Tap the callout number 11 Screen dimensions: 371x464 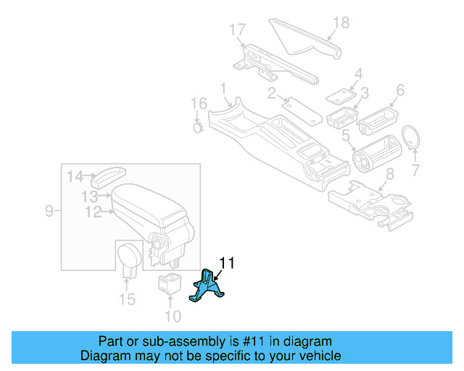[x=227, y=263]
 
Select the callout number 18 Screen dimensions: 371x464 [x=340, y=23]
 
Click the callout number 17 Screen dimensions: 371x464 [x=238, y=30]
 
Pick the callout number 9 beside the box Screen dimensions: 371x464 [x=49, y=211]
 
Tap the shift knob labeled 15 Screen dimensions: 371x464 [x=129, y=258]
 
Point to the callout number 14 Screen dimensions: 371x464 [x=75, y=175]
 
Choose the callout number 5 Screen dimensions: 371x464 [x=347, y=135]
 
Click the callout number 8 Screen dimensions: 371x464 [x=389, y=173]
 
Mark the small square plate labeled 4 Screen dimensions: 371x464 [x=339, y=95]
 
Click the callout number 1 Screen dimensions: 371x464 [x=224, y=88]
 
